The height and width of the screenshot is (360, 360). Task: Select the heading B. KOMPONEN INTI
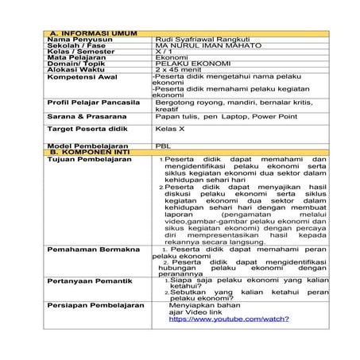(x=83, y=151)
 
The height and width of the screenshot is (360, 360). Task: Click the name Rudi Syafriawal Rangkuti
(x=203, y=38)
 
